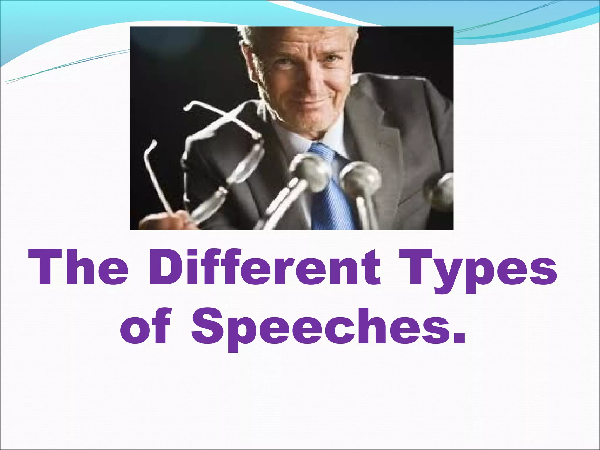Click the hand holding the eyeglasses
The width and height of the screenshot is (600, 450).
(173, 220)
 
